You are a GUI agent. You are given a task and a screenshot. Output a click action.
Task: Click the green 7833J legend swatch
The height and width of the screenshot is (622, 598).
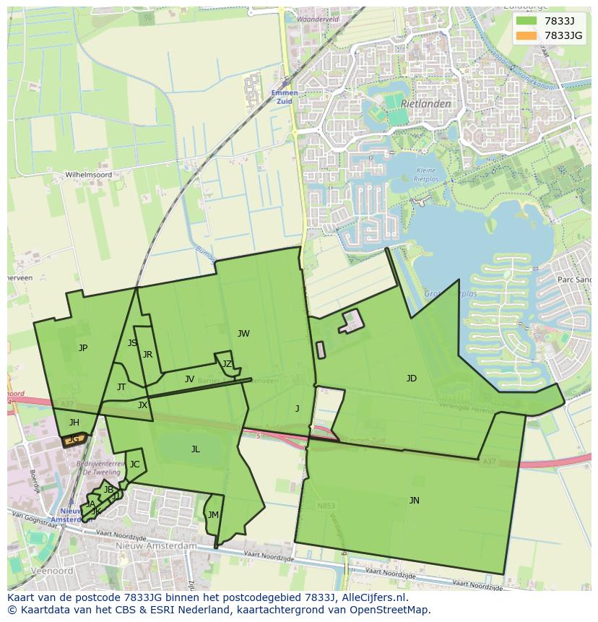pos(526,21)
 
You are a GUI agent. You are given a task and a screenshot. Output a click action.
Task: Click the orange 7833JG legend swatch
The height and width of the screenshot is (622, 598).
pos(526,35)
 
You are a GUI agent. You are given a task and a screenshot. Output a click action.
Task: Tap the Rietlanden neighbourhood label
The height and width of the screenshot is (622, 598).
pos(426,103)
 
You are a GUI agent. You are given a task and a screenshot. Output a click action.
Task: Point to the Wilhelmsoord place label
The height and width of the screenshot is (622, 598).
pos(89,175)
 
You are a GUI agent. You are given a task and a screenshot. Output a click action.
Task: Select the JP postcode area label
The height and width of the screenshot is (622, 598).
pos(83,348)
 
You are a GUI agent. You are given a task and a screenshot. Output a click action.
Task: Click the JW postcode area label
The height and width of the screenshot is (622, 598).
pos(243,334)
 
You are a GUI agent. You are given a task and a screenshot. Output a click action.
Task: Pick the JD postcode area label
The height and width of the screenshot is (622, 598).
pos(411,379)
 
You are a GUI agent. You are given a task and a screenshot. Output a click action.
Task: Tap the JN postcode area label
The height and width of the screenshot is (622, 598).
pos(414,500)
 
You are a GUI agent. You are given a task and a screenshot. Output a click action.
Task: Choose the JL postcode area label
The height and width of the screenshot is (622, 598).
pos(195,449)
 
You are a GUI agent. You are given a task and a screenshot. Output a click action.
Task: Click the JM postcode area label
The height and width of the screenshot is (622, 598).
pos(212,515)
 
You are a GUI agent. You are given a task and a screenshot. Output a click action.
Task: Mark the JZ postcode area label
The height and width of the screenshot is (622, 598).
pos(227,364)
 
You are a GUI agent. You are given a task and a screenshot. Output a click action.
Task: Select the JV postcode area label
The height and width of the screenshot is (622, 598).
pos(189,379)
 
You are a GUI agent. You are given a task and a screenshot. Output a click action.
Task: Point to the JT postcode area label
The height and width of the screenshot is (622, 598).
pos(121,387)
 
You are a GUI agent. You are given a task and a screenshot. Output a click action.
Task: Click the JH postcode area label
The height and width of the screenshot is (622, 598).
pos(74,423)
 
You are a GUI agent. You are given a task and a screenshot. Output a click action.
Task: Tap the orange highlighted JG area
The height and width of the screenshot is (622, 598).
pos(74,439)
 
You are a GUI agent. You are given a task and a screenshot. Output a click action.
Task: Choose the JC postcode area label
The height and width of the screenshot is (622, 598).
pos(134,465)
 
